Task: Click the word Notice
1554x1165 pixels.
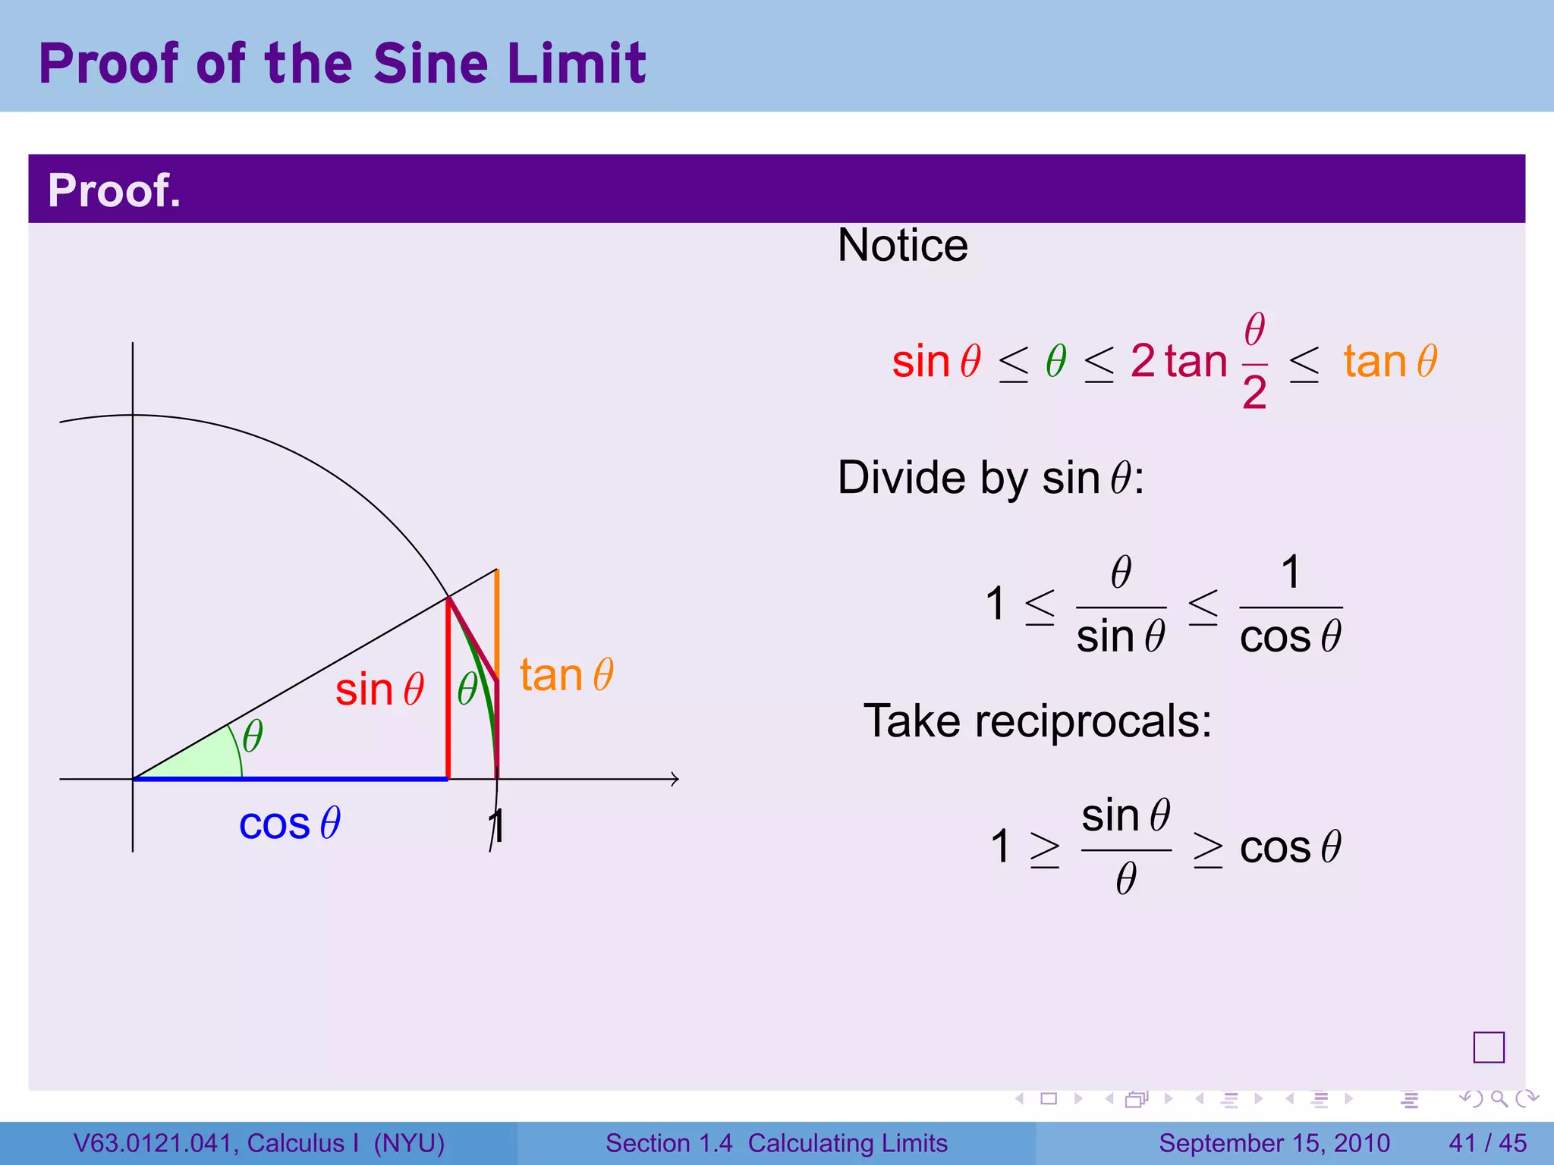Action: tap(902, 246)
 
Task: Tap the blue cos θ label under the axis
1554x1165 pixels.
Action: tap(289, 824)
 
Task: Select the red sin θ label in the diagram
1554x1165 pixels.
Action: tap(379, 690)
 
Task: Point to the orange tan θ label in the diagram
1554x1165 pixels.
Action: tap(566, 675)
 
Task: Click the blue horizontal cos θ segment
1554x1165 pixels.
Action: tap(288, 778)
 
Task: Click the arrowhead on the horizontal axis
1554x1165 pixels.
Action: tap(675, 779)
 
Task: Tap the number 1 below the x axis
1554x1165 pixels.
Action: tap(497, 826)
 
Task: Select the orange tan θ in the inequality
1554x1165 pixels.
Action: tap(1390, 361)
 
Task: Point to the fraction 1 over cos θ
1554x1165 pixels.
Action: tap(1290, 605)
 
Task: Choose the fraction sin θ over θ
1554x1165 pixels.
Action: tap(1126, 847)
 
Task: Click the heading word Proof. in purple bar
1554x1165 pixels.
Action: tap(115, 190)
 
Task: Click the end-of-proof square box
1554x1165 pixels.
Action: tap(1488, 1047)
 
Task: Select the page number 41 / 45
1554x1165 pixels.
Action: tap(1487, 1143)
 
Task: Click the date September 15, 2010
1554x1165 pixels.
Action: tap(1274, 1143)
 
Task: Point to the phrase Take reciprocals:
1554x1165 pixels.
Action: tap(1037, 721)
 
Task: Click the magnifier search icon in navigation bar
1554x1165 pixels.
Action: tap(1499, 1098)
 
